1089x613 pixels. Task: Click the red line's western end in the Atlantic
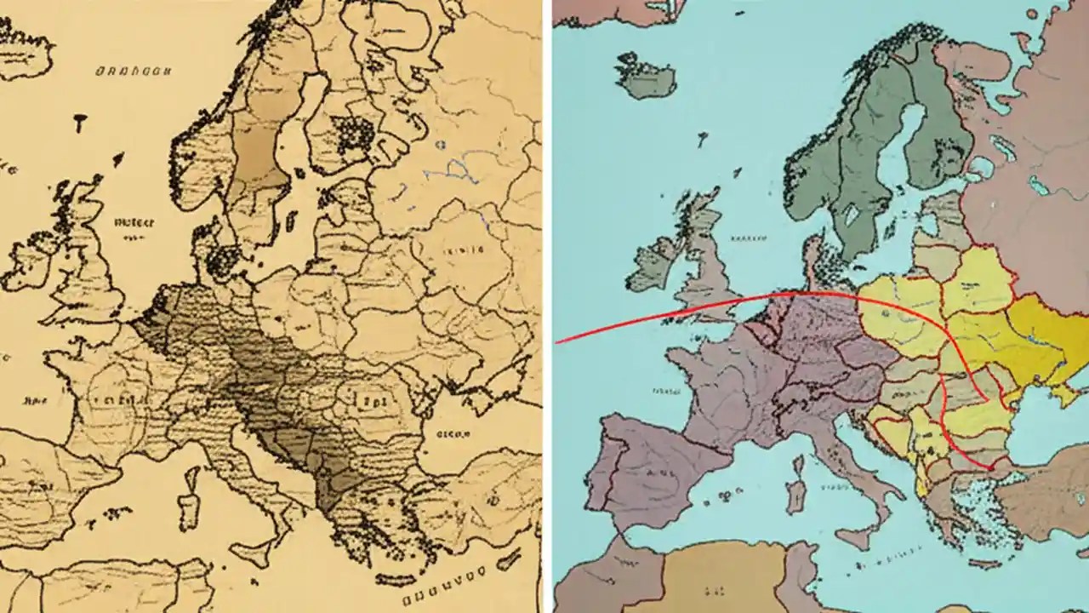[x=558, y=342]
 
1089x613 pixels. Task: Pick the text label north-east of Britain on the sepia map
[x=134, y=222]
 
